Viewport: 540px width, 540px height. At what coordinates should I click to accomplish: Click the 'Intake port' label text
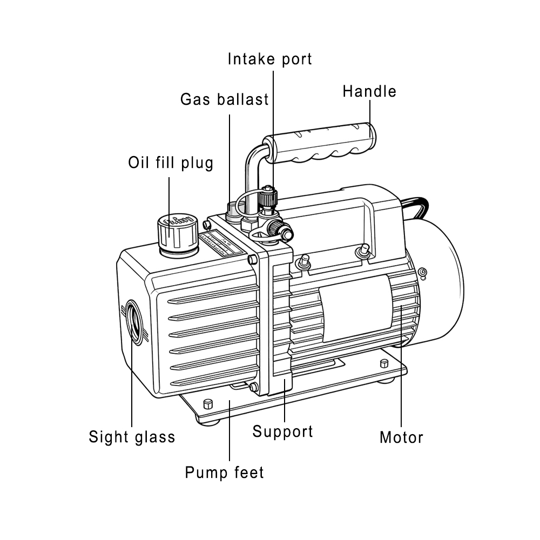pos(269,58)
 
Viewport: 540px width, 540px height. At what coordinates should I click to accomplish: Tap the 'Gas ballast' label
pos(224,99)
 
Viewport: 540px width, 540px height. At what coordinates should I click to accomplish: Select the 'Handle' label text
pos(369,91)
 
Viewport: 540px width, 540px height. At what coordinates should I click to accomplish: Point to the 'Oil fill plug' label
pos(171,163)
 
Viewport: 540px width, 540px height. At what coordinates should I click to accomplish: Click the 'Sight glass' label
pos(132,436)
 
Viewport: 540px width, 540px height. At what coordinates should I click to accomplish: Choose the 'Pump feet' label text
pos(224,473)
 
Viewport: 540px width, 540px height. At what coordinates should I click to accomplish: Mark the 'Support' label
pos(282,431)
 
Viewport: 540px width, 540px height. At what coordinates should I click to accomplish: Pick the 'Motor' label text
pos(401,437)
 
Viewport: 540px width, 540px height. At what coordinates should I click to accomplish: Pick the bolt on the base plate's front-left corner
pos(207,404)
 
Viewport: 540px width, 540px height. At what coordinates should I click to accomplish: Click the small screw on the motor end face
pos(422,272)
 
